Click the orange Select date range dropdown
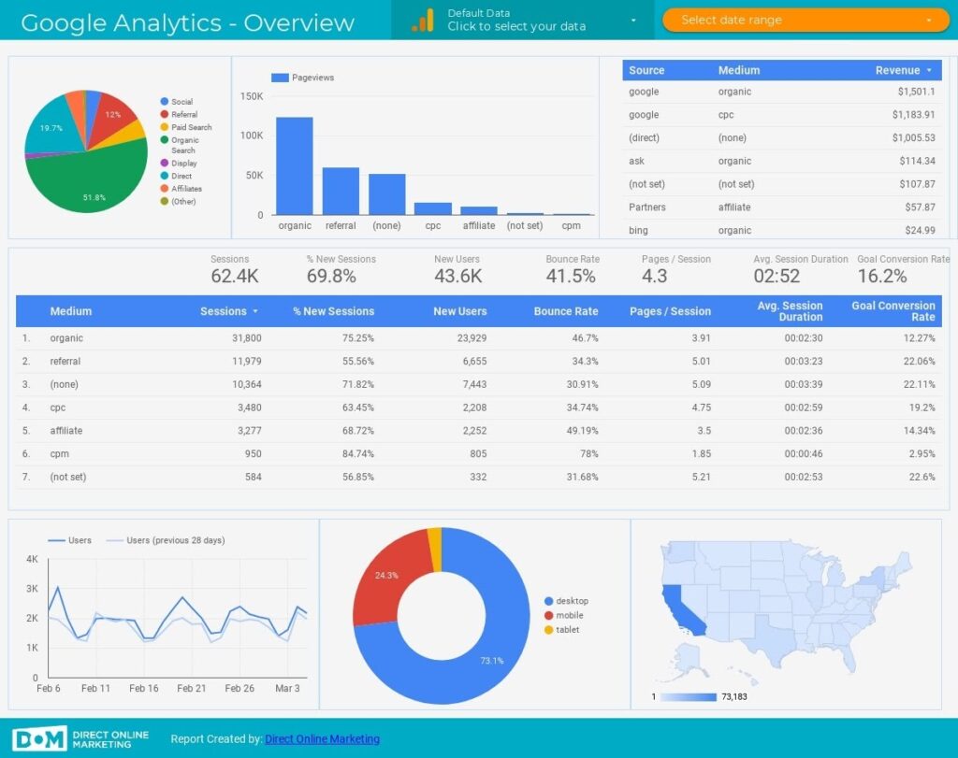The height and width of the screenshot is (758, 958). click(805, 20)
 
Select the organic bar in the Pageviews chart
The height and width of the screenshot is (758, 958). click(294, 165)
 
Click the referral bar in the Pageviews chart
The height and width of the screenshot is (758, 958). click(341, 191)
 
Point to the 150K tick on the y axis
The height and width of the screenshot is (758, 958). click(252, 96)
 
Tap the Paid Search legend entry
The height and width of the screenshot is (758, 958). click(191, 127)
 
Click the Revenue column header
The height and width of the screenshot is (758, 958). click(897, 70)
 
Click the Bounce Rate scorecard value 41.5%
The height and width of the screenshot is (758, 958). click(571, 276)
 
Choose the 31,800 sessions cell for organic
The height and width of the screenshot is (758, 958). click(245, 338)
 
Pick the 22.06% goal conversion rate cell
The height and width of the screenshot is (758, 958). click(915, 362)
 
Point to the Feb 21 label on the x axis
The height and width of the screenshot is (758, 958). click(192, 688)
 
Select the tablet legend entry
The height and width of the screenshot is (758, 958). click(567, 630)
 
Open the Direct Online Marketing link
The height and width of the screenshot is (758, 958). click(322, 739)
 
